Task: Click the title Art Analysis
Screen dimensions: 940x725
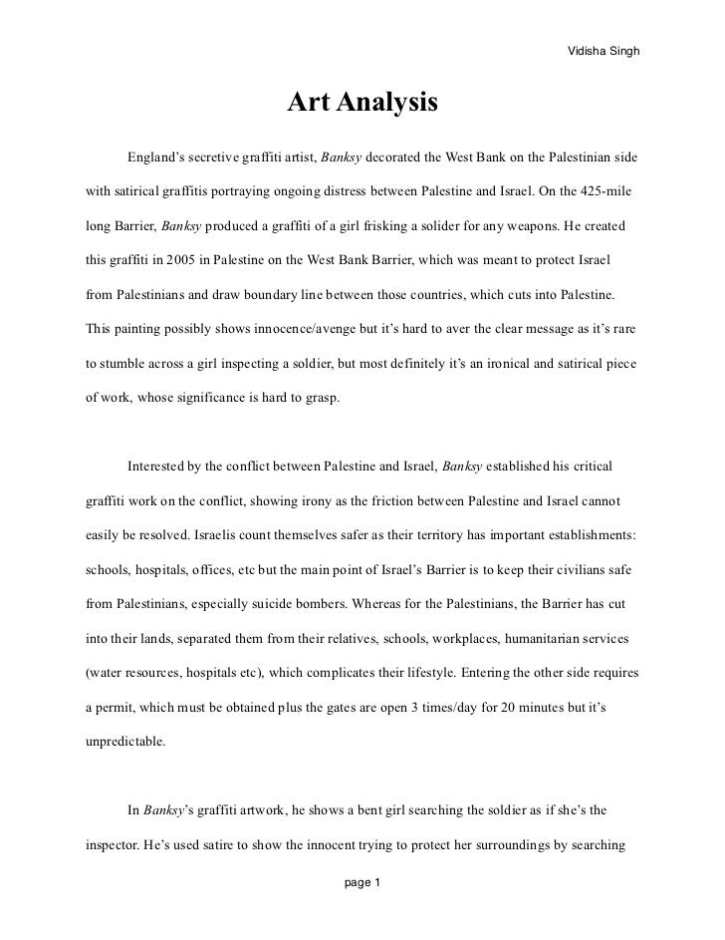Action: [362, 104]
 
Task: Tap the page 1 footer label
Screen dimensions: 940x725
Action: [362, 883]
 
